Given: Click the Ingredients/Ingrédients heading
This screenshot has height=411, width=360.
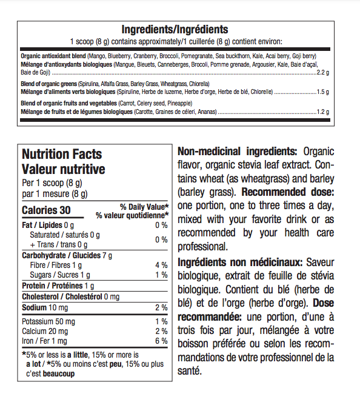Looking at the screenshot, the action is point(175,29).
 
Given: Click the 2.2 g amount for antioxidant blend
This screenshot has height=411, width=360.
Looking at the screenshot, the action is point(322,72).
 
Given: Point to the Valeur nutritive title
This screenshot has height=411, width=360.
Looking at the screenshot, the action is point(63,169).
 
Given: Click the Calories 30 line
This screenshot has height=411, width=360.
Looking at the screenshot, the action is point(46,210).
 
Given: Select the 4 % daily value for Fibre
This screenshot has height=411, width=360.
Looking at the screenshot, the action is point(161,265).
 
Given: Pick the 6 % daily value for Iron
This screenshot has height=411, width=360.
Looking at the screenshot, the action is point(161,341).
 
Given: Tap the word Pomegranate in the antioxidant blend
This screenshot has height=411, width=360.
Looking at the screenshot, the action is point(196,56).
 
